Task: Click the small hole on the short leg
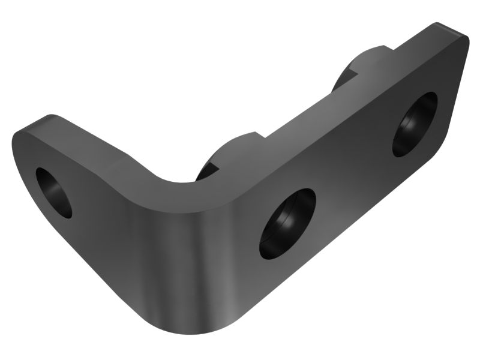pos(53,192)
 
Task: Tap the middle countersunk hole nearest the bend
pos(287,223)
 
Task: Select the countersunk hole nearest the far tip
pos(415,124)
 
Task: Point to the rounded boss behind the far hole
pos(360,66)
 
